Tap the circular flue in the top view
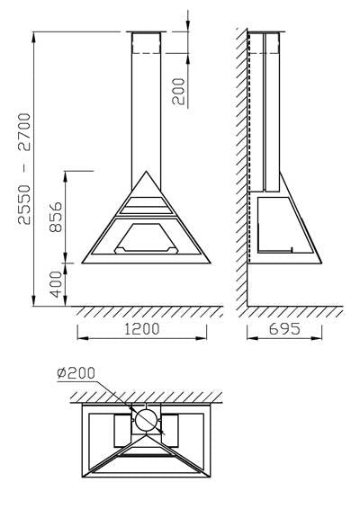click(x=146, y=420)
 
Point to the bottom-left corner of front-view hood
click(x=83, y=264)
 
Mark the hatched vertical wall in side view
click(x=242, y=162)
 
